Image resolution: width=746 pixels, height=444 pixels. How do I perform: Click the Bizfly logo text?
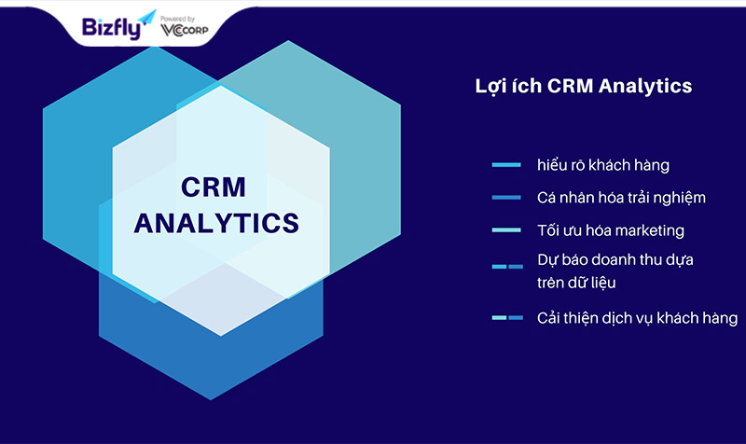click(111, 28)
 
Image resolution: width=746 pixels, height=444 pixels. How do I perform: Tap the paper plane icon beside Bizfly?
click(147, 17)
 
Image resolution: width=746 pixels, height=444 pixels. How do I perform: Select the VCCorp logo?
click(185, 31)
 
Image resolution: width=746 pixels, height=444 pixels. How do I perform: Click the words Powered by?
click(177, 19)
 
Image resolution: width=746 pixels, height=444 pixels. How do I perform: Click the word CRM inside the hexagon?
click(214, 187)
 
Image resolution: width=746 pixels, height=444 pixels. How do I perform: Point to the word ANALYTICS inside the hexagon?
click(216, 223)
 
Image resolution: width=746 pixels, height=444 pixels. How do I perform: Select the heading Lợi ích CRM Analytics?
click(584, 87)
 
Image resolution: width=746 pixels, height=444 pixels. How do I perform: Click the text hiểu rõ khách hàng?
click(603, 165)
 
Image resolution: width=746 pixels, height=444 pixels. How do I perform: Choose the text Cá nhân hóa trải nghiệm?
click(621, 198)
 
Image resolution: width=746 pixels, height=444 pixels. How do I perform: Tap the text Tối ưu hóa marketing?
click(611, 230)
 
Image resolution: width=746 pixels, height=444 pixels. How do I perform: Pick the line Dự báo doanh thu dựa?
click(615, 260)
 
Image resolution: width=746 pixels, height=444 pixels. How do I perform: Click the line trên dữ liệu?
click(576, 283)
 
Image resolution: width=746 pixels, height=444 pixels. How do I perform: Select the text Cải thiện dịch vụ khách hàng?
click(638, 318)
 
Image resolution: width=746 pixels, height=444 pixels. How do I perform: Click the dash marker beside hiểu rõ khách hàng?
click(506, 165)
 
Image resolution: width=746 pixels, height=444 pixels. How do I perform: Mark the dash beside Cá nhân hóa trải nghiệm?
click(506, 198)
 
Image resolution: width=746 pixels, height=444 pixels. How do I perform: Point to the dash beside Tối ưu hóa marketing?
click(506, 230)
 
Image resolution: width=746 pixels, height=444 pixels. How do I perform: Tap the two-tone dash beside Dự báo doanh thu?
click(507, 267)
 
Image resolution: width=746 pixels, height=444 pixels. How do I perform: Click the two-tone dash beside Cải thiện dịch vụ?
click(507, 317)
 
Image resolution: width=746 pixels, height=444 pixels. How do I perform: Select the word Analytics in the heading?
click(645, 87)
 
